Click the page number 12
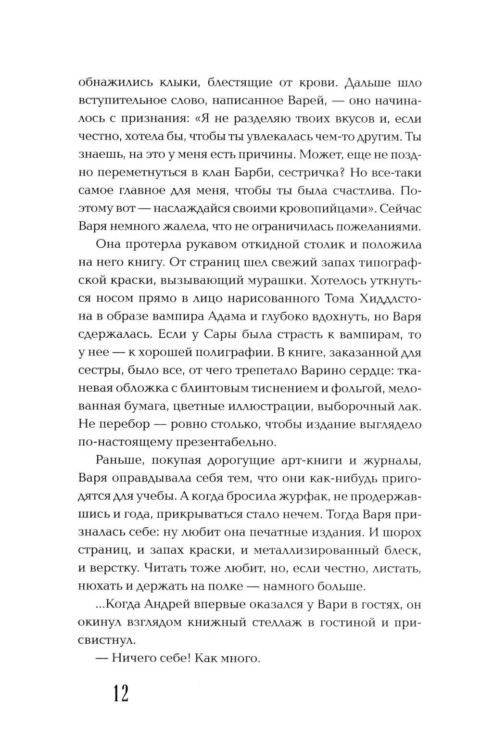(121, 694)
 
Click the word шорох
(405, 533)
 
